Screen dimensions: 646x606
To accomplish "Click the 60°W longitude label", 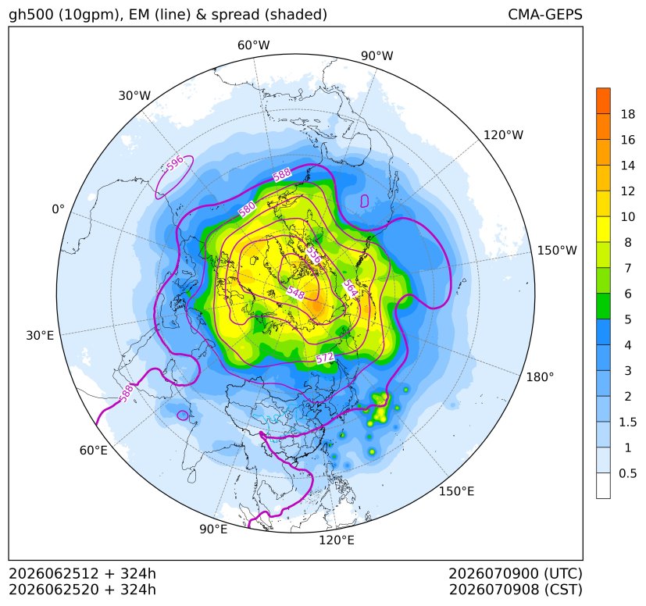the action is [253, 45].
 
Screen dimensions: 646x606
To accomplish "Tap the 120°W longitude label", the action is [503, 135].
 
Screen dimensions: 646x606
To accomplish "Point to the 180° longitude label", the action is [540, 376].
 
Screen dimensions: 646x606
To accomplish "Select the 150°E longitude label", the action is [456, 491].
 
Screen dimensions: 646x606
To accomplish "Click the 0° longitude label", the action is [58, 209].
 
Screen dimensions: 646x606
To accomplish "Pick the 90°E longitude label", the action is [213, 529].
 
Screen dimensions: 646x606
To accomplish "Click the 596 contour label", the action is [175, 164].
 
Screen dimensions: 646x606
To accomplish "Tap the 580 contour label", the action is [247, 209].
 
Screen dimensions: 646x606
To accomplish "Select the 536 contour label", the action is [313, 255].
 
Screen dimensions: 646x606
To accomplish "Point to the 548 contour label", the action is [296, 292].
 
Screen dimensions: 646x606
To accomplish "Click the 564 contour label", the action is [350, 288].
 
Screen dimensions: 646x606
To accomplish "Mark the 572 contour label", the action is [325, 358].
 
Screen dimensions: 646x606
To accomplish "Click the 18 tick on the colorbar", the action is [627, 114].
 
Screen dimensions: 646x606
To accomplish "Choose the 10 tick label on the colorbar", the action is [627, 216].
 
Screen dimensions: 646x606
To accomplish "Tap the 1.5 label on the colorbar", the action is [627, 422].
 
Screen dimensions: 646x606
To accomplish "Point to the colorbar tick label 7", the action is [627, 268].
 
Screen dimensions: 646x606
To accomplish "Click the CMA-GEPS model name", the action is [545, 14].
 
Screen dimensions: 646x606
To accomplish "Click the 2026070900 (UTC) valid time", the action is [516, 573].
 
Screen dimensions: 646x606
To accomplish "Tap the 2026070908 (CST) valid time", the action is [516, 590].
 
